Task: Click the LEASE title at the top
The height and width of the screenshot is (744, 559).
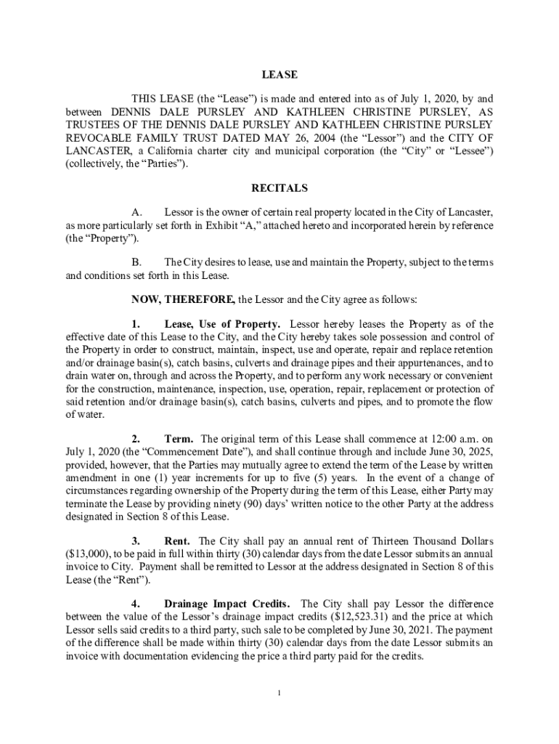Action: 279,74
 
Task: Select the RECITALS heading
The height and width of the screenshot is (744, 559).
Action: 279,188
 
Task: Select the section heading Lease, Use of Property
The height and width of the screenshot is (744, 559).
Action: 222,324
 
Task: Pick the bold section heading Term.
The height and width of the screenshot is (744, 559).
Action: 179,439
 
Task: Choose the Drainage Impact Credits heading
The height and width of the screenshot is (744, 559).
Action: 228,604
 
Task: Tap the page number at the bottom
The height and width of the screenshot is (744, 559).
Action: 279,692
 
